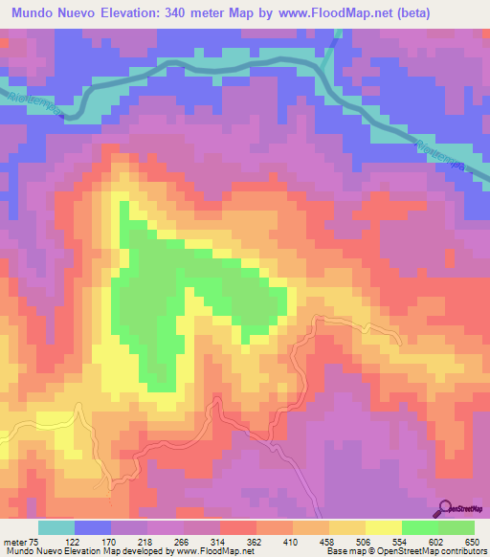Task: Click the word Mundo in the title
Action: (37, 13)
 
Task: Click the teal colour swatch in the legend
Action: (56, 527)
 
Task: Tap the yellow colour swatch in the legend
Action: (384, 527)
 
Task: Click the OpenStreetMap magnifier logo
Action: (444, 507)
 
